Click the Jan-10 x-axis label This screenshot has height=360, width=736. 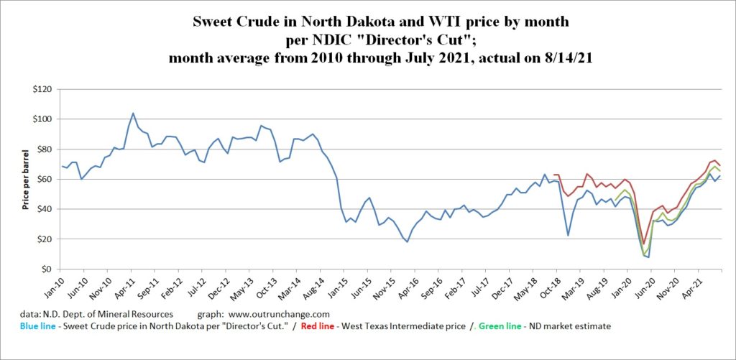pos(57,285)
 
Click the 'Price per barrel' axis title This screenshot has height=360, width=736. pos(26,179)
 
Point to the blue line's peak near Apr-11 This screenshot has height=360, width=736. pos(133,113)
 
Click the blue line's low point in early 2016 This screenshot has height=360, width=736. pos(407,241)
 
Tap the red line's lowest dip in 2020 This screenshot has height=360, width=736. pos(644,243)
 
